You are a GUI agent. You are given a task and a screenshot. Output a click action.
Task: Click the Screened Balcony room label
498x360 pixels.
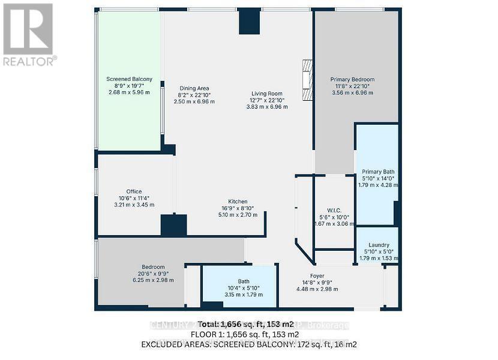(x=129, y=79)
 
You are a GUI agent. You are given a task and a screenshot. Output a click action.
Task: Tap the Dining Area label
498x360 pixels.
(x=194, y=88)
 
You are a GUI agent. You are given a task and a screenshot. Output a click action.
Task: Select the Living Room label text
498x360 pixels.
(x=267, y=93)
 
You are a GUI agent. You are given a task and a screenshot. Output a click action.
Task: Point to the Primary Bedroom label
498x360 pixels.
(x=352, y=79)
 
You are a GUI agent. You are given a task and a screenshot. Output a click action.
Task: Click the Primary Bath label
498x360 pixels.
(x=378, y=171)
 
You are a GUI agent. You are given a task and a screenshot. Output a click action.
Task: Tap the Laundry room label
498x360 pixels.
(x=379, y=245)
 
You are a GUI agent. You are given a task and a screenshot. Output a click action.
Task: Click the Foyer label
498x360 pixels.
(x=317, y=275)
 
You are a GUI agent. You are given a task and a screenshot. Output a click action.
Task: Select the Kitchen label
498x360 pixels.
(x=238, y=202)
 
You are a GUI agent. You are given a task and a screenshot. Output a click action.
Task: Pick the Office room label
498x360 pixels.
(x=134, y=191)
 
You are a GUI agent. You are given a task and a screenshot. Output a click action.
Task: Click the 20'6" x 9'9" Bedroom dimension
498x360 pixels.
(x=153, y=274)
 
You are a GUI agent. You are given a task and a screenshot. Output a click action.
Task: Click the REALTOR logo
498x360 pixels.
(x=29, y=34)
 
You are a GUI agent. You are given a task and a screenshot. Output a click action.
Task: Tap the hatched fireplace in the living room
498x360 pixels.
(x=308, y=80)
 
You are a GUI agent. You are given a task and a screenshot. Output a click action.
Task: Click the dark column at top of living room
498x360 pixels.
(x=250, y=22)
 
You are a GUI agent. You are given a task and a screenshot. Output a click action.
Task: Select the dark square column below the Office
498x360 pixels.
(x=173, y=225)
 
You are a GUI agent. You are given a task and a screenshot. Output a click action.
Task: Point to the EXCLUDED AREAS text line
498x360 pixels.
(x=248, y=344)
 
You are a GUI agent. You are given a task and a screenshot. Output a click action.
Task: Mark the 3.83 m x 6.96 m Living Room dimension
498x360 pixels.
(x=267, y=107)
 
